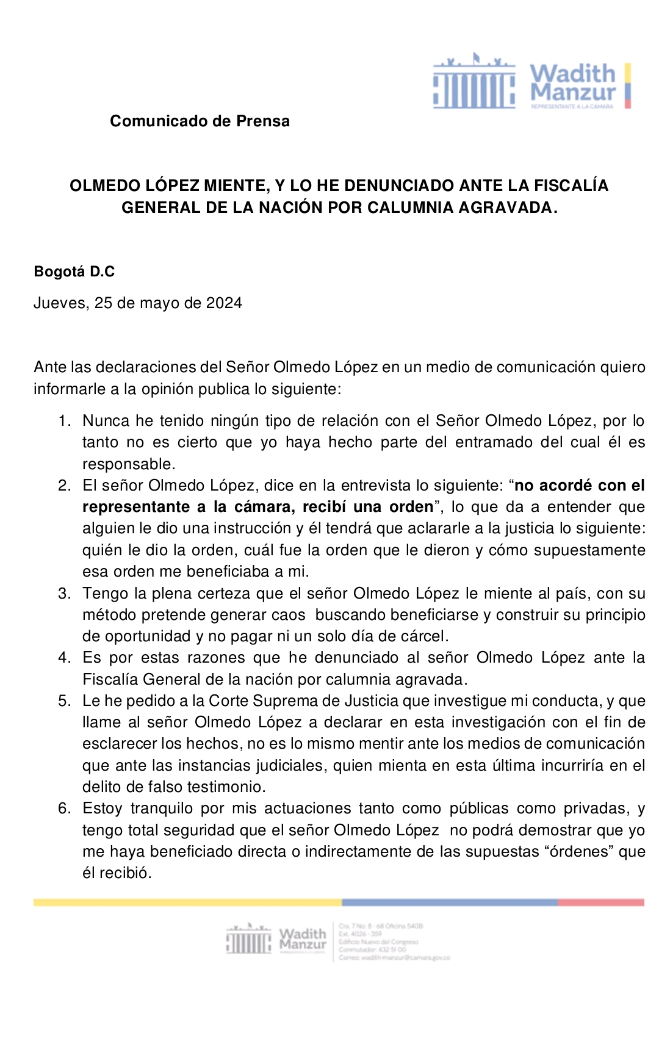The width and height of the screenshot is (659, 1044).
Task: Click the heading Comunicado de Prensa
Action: pyautogui.click(x=200, y=121)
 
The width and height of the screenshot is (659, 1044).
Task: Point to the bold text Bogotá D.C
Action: pyautogui.click(x=74, y=272)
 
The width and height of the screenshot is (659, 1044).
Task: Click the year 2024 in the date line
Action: pyautogui.click(x=224, y=303)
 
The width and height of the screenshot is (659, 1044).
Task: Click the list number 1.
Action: pyautogui.click(x=64, y=421)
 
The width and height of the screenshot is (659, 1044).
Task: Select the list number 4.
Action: pyautogui.click(x=64, y=658)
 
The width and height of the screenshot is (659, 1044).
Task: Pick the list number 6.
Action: pyautogui.click(x=64, y=808)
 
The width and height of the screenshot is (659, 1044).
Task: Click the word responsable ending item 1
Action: pyautogui.click(x=128, y=464)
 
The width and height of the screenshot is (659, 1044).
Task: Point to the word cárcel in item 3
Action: pyautogui.click(x=425, y=636)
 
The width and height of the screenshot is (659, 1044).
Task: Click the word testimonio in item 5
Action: pyautogui.click(x=222, y=787)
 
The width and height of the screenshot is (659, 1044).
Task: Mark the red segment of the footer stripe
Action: pyautogui.click(x=600, y=902)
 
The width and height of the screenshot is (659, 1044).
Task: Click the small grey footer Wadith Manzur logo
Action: pyautogui.click(x=276, y=940)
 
